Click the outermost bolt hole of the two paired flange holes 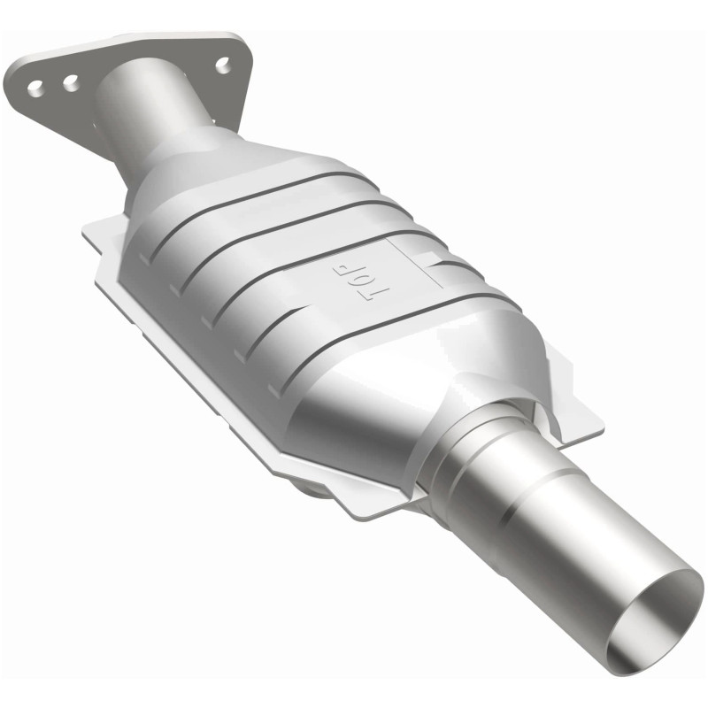tap(35, 87)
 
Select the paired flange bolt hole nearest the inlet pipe tap(69, 82)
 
